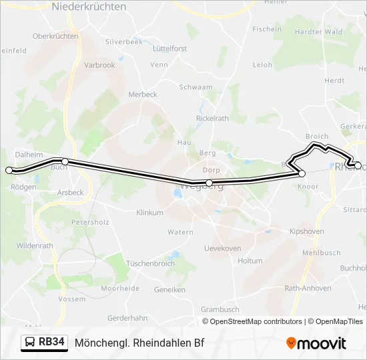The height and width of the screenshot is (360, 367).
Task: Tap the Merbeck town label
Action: point(142,95)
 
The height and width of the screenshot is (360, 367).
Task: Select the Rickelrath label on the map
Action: point(212,118)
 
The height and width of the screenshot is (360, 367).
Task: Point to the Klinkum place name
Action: point(149,213)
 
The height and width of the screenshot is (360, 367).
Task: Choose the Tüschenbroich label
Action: point(150,263)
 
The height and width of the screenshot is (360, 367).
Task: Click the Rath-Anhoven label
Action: point(308,288)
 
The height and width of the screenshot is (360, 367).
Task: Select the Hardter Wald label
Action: point(318,31)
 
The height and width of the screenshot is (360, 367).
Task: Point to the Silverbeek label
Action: point(123,41)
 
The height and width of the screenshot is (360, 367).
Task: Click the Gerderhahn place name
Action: point(127,318)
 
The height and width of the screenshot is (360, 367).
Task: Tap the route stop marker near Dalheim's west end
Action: point(9,171)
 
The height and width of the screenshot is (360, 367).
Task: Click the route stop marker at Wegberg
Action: point(209,183)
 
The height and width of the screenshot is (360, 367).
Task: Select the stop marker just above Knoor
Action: point(302,173)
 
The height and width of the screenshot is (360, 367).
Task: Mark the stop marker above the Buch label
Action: point(65,161)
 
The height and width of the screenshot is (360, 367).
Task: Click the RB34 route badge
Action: point(45,343)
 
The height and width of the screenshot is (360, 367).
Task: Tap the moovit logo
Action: point(316,343)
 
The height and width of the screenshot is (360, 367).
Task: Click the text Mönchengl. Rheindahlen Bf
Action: point(139,343)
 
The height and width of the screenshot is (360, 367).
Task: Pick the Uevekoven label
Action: point(222,248)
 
